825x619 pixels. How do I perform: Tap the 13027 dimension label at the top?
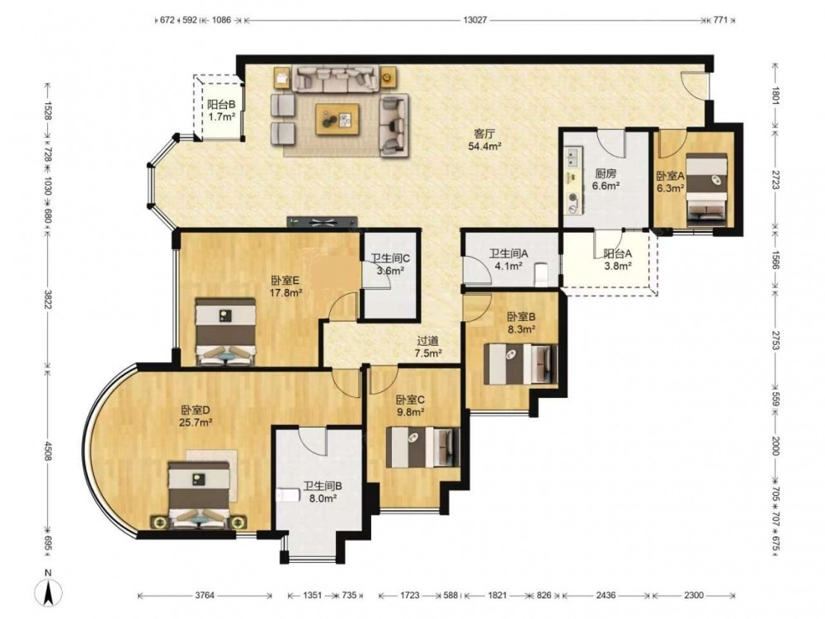pos(475,20)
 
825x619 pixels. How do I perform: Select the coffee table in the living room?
pos(337,120)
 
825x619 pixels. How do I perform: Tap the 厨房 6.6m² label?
pos(606,179)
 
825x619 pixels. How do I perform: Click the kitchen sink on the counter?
pos(572,156)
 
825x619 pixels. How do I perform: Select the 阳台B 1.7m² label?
pos(221,111)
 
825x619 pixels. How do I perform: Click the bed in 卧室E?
pos(225,332)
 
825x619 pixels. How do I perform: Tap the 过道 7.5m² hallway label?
pos(427,347)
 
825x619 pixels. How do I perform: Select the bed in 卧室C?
pos(422,447)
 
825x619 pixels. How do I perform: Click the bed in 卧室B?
pos(521,364)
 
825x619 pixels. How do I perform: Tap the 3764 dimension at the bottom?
pos(205,595)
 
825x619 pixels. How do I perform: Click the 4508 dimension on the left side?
pos(48,451)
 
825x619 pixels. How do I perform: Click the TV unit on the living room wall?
pos(322,222)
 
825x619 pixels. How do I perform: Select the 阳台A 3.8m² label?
pos(617,259)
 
